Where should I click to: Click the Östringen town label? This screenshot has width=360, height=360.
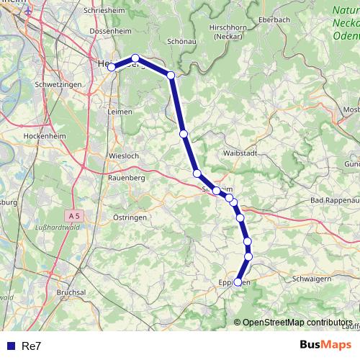pyautogui.click(x=130, y=217)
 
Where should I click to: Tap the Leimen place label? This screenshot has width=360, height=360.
pyautogui.click(x=120, y=112)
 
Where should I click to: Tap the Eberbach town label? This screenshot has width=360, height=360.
pyautogui.click(x=273, y=20)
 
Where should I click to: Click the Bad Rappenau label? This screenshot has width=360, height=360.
pyautogui.click(x=334, y=199)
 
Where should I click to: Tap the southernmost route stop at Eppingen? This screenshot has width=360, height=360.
pyautogui.click(x=238, y=282)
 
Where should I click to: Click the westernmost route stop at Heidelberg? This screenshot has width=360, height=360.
pyautogui.click(x=112, y=67)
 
